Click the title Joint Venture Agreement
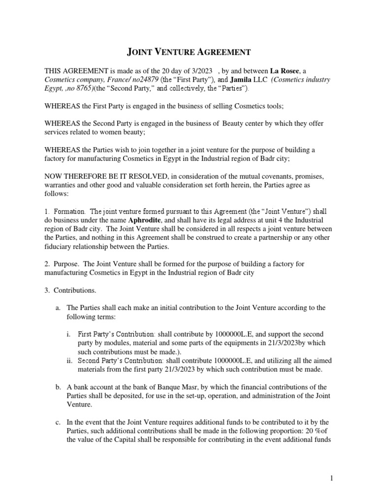[x=189, y=52]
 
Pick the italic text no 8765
[x=80, y=88]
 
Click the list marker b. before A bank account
[x=58, y=387]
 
